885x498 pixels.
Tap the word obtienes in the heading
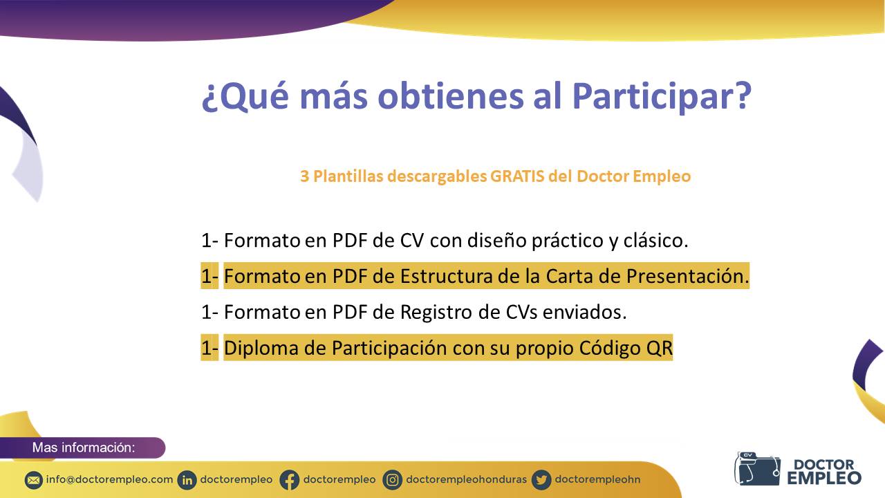451,96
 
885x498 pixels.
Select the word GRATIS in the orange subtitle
517,176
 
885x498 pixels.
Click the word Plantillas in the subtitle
348,176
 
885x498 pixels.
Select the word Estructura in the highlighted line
446,276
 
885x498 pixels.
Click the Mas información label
84,448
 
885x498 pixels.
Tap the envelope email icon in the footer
34,481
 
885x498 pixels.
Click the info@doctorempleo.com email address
109,480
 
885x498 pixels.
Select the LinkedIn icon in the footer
187,481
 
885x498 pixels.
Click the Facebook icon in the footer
289,481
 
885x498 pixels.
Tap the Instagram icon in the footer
392,481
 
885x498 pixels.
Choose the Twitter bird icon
541,481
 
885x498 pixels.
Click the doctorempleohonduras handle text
466,480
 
